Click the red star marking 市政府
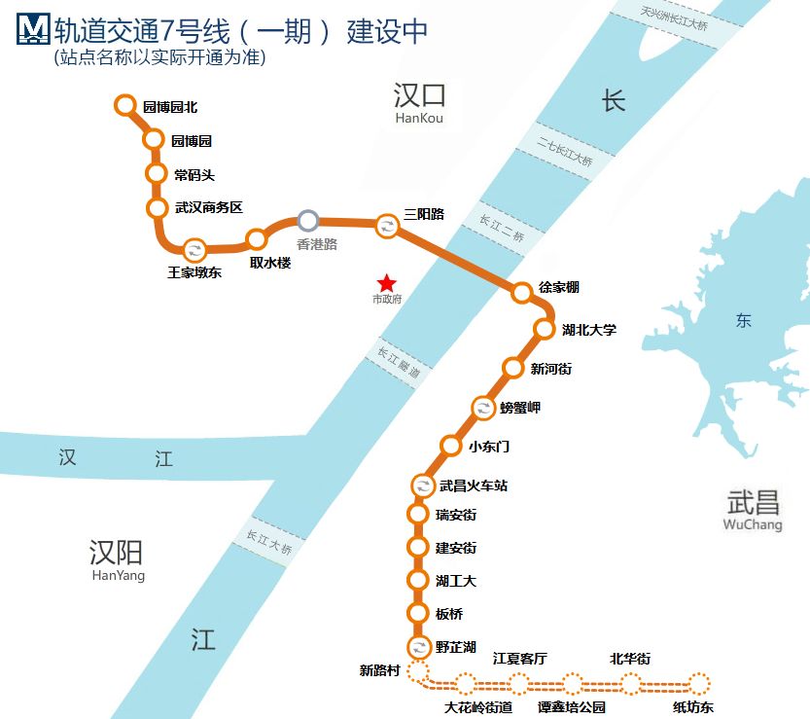pos(387,283)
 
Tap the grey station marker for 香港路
pos(307,221)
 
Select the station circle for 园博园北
pos(124,105)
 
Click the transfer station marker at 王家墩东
pos(194,249)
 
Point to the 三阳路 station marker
pos(386,227)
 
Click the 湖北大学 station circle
pos(545,329)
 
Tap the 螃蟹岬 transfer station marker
pos(483,408)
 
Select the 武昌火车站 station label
pos(474,485)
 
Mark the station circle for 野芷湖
pos(419,646)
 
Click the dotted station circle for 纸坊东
pos(699,683)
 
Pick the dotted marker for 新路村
pos(418,671)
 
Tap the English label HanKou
pos(419,119)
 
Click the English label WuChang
pos(753,525)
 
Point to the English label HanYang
pos(118,576)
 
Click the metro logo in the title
pos(34,31)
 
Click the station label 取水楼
pos(270,263)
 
